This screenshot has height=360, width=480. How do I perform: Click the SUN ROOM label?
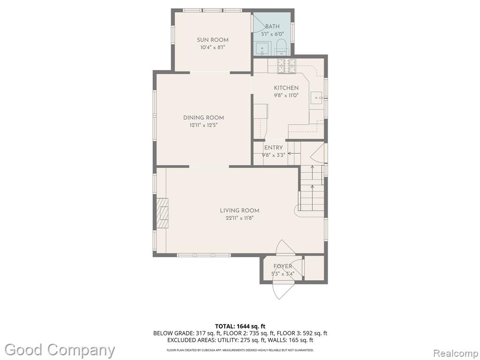pyautogui.click(x=212, y=40)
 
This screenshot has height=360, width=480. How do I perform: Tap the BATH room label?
pyautogui.click(x=272, y=27)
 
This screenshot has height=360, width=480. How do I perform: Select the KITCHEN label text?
pyautogui.click(x=286, y=88)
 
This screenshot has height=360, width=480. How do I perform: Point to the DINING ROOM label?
pyautogui.click(x=203, y=118)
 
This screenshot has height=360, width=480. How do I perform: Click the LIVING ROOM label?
pyautogui.click(x=240, y=210)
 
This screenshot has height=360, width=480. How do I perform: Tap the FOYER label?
pyautogui.click(x=283, y=266)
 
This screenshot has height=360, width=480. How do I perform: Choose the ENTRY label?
pyautogui.click(x=273, y=148)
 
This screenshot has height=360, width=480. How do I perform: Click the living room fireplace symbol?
pyautogui.click(x=163, y=213)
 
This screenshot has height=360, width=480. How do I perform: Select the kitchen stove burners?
pyautogui.click(x=287, y=66)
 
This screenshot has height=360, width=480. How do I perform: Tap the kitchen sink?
pyautogui.click(x=317, y=98)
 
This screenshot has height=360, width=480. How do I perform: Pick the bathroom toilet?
pyautogui.click(x=280, y=48)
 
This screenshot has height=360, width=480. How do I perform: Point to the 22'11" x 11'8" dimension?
pyautogui.click(x=239, y=218)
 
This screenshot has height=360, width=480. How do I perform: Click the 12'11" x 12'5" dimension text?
pyautogui.click(x=203, y=125)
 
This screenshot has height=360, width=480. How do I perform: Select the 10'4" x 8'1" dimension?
pyautogui.click(x=213, y=47)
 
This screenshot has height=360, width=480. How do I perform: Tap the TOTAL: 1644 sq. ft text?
pyautogui.click(x=238, y=326)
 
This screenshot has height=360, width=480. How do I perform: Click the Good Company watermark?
pyautogui.click(x=60, y=350)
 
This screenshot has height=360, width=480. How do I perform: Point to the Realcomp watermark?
pyautogui.click(x=456, y=353)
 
